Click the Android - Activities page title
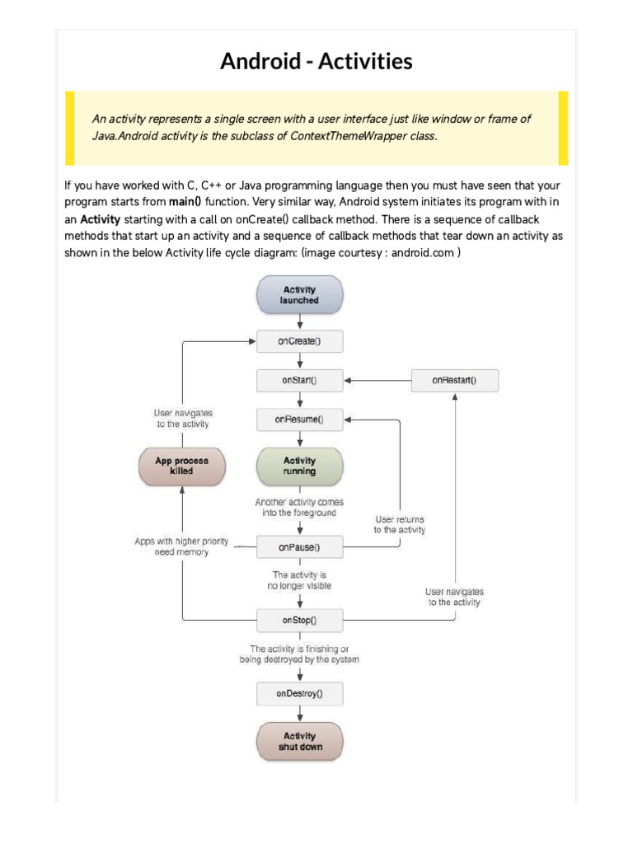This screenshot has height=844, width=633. tap(316, 61)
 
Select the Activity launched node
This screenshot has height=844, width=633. tap(300, 295)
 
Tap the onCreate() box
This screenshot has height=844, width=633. tap(299, 341)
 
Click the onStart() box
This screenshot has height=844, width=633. tap(299, 381)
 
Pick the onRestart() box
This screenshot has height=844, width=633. tap(454, 381)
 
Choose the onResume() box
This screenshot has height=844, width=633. tap(299, 420)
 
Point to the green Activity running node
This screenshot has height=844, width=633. tap(299, 467)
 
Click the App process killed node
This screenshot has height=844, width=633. tap(181, 467)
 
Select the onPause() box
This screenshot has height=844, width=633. tap(299, 546)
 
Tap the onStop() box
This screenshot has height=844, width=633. tap(299, 619)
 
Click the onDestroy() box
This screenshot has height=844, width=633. tap(299, 694)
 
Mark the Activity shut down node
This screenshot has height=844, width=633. tap(299, 741)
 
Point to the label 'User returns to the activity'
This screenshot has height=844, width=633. tap(400, 525)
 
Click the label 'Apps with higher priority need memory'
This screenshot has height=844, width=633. tap(181, 546)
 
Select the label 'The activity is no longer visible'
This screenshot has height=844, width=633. tap(301, 580)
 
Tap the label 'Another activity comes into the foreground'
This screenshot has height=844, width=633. tap(300, 507)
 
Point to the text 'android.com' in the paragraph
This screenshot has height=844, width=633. tap(422, 253)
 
